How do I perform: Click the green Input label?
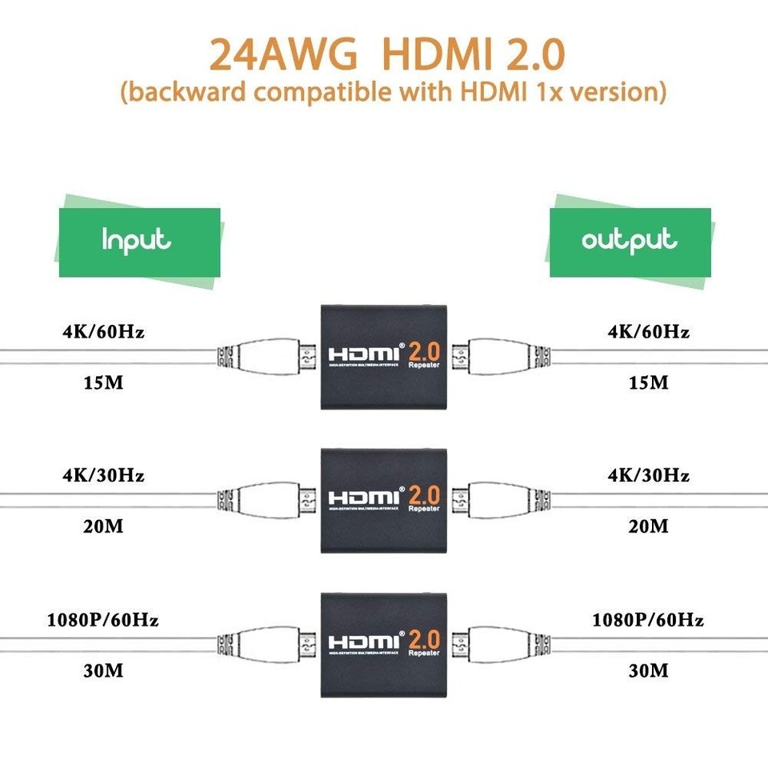click(138, 241)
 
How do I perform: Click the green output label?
click(630, 241)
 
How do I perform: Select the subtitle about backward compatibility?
click(393, 92)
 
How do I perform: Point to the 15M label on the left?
click(103, 382)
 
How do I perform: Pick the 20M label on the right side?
click(648, 526)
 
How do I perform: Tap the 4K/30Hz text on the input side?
click(103, 476)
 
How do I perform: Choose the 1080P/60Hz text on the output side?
click(648, 620)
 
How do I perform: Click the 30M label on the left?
click(103, 670)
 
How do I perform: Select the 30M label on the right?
click(648, 670)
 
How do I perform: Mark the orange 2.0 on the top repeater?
click(426, 350)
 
